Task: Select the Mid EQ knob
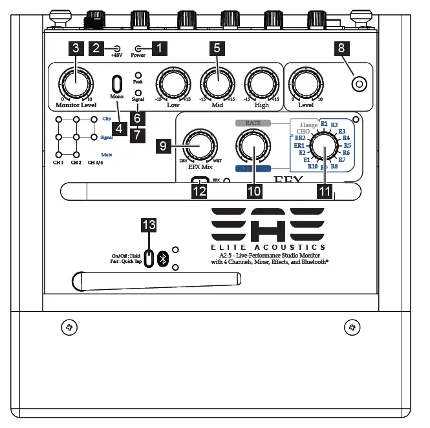(x=217, y=82)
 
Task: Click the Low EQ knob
(x=173, y=82)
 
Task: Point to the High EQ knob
(x=262, y=82)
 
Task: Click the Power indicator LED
(x=138, y=48)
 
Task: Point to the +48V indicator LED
(x=116, y=48)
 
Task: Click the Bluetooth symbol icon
(x=164, y=258)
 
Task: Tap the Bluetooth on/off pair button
(x=149, y=258)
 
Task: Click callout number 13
(x=149, y=225)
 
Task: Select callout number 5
(x=217, y=48)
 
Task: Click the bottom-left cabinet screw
(x=70, y=328)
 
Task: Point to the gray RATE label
(x=253, y=123)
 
